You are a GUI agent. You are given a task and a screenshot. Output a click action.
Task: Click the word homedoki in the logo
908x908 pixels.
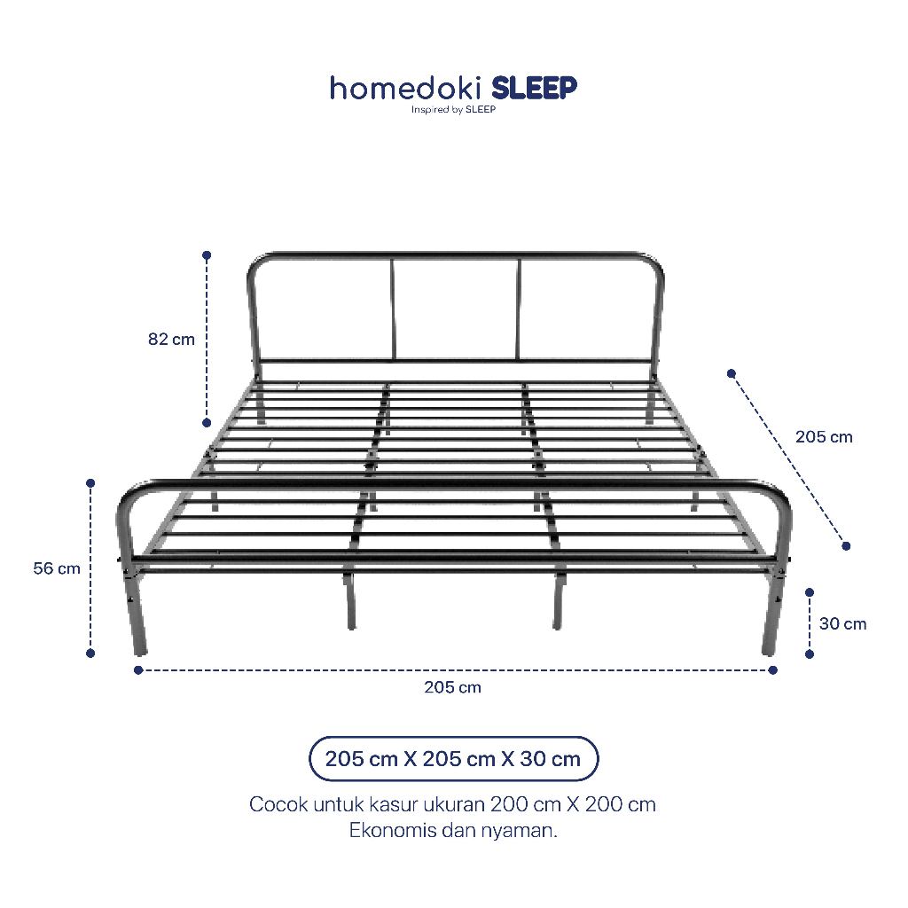click(x=406, y=89)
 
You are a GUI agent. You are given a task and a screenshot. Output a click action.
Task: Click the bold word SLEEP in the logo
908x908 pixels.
click(x=534, y=88)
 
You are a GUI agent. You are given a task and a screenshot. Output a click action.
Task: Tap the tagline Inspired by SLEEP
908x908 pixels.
click(x=453, y=109)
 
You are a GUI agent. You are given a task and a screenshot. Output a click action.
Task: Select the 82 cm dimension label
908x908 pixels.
click(x=171, y=339)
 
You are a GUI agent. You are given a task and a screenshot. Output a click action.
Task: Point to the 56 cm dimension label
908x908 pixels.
click(x=57, y=568)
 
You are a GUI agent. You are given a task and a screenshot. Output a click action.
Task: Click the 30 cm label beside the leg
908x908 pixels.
click(x=842, y=623)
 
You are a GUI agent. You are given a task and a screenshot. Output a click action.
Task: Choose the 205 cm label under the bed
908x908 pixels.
click(x=452, y=687)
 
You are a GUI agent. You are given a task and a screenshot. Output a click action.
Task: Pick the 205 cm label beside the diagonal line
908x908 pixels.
click(x=824, y=436)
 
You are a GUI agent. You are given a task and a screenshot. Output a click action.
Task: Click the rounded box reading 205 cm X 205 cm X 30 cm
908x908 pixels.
click(x=453, y=759)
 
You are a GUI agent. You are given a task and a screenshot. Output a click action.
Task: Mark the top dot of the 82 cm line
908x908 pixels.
click(x=207, y=254)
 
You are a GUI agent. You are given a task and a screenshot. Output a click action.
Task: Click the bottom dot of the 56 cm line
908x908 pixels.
click(x=90, y=654)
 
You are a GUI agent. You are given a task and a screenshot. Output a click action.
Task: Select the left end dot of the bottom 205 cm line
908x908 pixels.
click(x=137, y=670)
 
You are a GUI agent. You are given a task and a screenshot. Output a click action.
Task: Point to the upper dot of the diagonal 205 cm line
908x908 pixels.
click(x=732, y=373)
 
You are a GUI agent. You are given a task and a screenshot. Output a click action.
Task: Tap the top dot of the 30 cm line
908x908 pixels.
click(x=810, y=592)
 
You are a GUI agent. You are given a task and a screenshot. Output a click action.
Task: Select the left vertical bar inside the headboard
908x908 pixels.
click(x=393, y=309)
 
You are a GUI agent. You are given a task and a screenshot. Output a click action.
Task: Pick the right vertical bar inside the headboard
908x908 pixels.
click(x=517, y=309)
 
